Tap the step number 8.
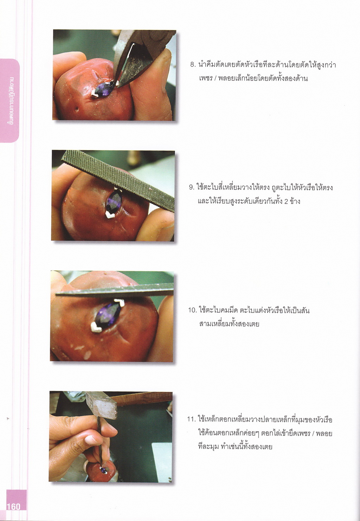pyautogui.click(x=193, y=65)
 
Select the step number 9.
pyautogui.click(x=191, y=187)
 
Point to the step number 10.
pyautogui.click(x=192, y=310)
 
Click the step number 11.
pyautogui.click(x=191, y=420)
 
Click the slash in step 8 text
pyautogui.click(x=216, y=78)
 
